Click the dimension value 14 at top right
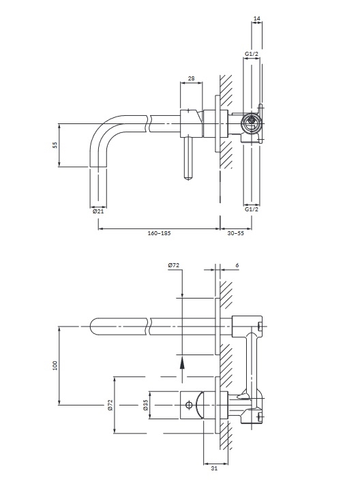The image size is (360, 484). [x=256, y=18]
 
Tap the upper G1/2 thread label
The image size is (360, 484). [x=252, y=54]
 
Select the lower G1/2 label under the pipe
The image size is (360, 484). [x=252, y=209]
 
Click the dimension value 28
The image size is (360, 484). [x=191, y=78]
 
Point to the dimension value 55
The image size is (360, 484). [x=55, y=145]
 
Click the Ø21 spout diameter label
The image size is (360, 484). [x=98, y=211]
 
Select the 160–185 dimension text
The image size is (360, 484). [x=159, y=233]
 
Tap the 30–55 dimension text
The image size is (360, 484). [x=236, y=233]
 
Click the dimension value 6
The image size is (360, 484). [x=237, y=265]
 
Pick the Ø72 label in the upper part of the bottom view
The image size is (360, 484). [x=173, y=265]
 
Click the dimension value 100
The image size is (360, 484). [x=55, y=365]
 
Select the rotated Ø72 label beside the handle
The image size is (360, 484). [x=111, y=405]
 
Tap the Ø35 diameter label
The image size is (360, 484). [x=146, y=405]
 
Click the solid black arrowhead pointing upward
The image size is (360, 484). [x=182, y=362]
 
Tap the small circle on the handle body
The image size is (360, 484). [x=190, y=405]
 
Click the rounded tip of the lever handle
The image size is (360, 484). [x=188, y=178]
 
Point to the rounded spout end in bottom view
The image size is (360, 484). [x=93, y=326]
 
